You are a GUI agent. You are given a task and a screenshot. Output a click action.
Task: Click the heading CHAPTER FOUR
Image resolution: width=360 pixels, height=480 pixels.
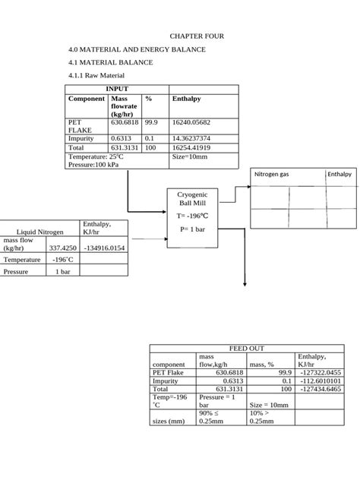[196, 36]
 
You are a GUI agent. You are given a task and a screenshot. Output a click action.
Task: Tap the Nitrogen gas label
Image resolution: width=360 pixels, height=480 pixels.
[271, 174]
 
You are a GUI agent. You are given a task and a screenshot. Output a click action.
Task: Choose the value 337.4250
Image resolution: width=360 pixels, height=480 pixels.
[63, 248]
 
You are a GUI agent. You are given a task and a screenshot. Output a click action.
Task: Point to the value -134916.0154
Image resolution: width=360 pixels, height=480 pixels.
[106, 248]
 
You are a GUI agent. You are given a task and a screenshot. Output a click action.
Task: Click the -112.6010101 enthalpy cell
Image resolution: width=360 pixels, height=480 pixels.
[321, 381]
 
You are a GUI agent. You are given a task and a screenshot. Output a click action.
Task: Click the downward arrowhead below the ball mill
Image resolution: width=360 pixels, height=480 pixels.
[245, 284]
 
